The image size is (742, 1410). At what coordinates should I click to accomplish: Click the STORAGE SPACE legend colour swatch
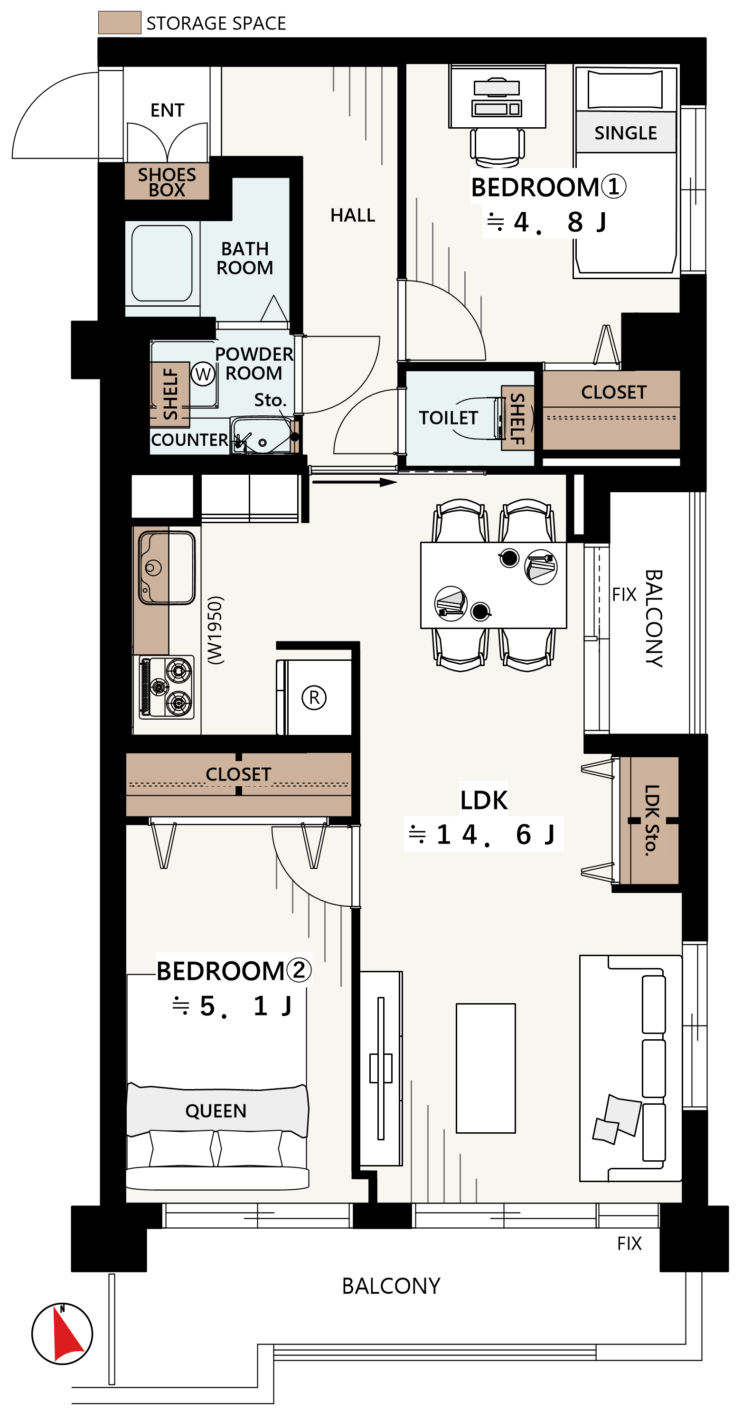[119, 22]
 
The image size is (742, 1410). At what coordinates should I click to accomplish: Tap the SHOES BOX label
[167, 182]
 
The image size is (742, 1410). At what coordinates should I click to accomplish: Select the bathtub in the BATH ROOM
[162, 263]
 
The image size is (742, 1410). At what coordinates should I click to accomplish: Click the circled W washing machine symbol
[203, 375]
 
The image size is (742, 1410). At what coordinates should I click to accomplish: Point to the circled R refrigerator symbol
[314, 697]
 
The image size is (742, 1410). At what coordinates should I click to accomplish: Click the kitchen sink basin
[167, 568]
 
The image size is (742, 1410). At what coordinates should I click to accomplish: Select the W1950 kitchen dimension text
[216, 630]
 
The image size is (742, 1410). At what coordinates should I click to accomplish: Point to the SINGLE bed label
[625, 133]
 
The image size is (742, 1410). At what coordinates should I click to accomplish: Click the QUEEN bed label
[216, 1110]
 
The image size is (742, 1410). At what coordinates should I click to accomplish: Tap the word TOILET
[448, 418]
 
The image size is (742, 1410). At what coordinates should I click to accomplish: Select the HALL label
[353, 215]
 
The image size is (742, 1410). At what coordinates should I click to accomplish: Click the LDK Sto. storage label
[651, 820]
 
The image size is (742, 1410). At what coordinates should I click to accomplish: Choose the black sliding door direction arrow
[355, 482]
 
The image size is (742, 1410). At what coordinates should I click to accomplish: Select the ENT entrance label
[168, 110]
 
